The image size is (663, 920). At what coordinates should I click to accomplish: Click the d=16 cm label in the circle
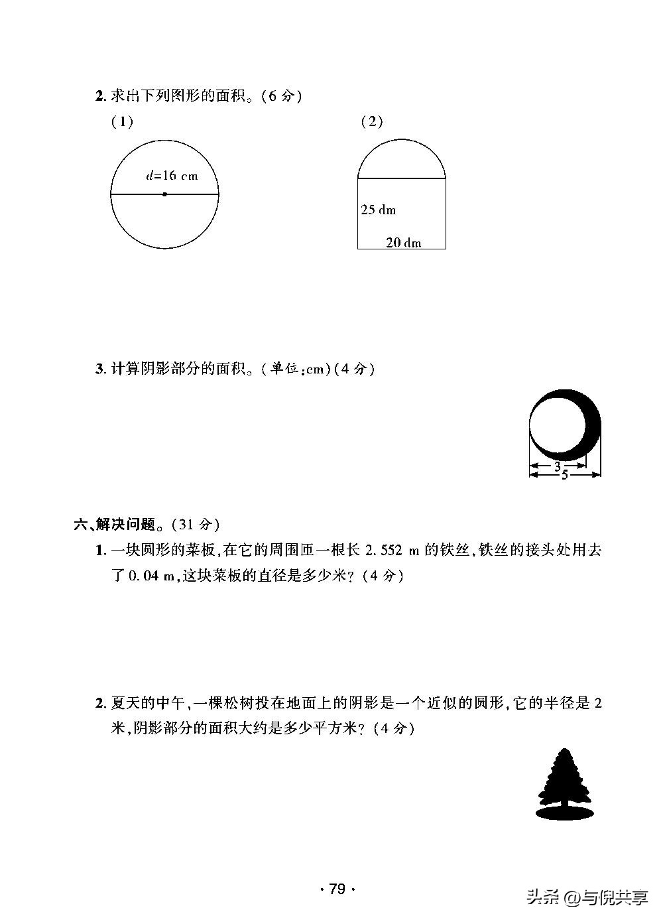tap(172, 176)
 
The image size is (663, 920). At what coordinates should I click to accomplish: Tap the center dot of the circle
tap(164, 194)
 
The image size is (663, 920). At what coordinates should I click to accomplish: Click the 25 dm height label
tap(378, 210)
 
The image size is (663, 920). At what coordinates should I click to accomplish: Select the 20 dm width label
tap(404, 243)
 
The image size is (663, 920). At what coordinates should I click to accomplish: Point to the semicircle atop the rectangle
tap(402, 161)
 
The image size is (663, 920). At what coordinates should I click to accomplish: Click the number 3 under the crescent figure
tap(558, 466)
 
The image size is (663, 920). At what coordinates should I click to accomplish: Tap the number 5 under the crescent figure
tap(565, 475)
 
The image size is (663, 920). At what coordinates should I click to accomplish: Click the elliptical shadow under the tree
tap(564, 813)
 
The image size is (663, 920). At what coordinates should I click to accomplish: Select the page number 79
tap(337, 889)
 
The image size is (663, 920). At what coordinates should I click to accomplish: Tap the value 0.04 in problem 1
tap(141, 576)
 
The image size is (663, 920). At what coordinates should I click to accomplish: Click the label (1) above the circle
tap(122, 122)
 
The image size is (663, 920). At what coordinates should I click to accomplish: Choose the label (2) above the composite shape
tap(372, 121)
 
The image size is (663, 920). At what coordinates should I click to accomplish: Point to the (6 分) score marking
tap(281, 96)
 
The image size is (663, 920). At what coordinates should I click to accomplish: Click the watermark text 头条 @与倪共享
tap(586, 898)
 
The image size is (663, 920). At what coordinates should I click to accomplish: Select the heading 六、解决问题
tap(114, 525)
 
